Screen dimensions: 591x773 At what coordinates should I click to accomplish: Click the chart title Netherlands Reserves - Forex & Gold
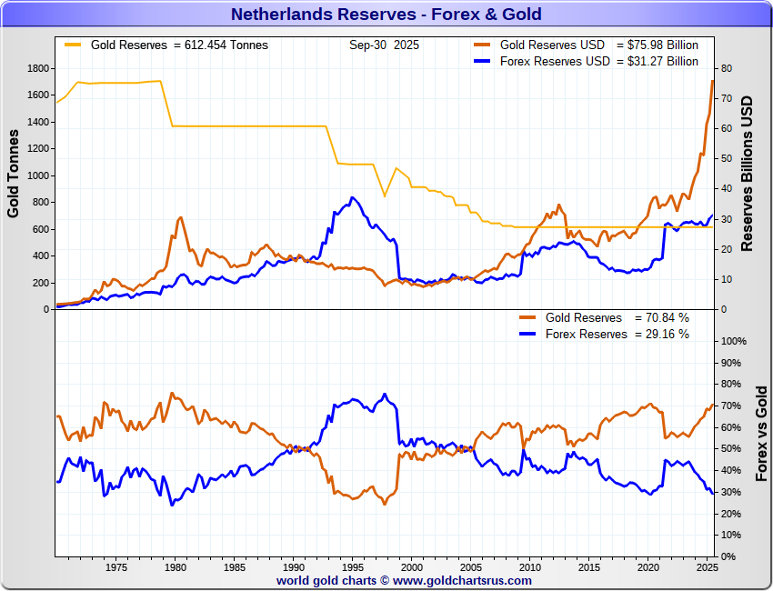pyautogui.click(x=386, y=14)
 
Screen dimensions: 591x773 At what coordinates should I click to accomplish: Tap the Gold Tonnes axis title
pyautogui.click(x=14, y=174)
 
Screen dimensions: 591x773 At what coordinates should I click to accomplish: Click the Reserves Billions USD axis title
pyautogui.click(x=748, y=174)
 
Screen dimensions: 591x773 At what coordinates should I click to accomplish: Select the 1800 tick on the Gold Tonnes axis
pyautogui.click(x=37, y=68)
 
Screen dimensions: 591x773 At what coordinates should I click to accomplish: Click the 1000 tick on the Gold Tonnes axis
pyautogui.click(x=37, y=175)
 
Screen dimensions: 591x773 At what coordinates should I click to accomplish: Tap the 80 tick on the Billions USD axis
pyautogui.click(x=727, y=68)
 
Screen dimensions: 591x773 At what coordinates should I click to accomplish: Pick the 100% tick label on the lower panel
pyautogui.click(x=733, y=341)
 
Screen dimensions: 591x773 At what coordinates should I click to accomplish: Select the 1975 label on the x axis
pyautogui.click(x=115, y=568)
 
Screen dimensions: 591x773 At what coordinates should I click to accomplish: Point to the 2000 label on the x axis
pyautogui.click(x=411, y=568)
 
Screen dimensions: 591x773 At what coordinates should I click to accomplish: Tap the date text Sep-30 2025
pyautogui.click(x=384, y=45)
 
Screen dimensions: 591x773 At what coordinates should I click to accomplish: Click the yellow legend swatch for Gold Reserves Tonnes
pyautogui.click(x=73, y=45)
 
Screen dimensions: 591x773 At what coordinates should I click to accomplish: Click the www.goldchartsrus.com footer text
pyautogui.click(x=463, y=580)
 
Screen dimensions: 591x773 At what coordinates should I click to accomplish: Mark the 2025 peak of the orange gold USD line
pyautogui.click(x=713, y=81)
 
